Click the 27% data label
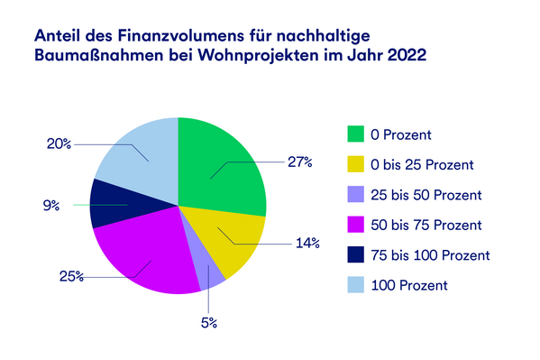[x=299, y=162]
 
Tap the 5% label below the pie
[x=209, y=322]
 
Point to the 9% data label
[x=51, y=206]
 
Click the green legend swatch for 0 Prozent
[x=358, y=134]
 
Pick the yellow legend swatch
[x=358, y=164]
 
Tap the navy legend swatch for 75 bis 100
[x=358, y=254]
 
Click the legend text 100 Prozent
[x=411, y=285]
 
